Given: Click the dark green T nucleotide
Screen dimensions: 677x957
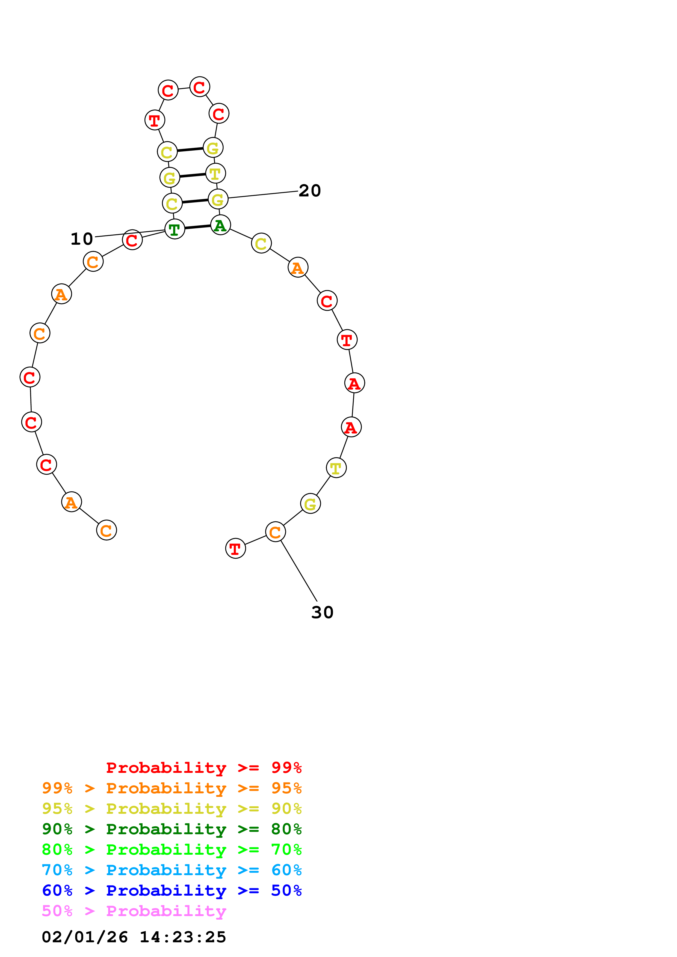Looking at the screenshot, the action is (x=174, y=229).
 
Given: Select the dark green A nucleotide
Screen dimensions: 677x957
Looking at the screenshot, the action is (x=220, y=225).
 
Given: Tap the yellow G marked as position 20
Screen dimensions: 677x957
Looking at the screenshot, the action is (x=218, y=199).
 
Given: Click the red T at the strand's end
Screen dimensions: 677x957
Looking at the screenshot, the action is (x=235, y=549).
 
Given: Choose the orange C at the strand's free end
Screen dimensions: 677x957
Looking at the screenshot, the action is (x=106, y=530).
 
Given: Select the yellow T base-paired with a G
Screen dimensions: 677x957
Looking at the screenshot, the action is (x=215, y=174).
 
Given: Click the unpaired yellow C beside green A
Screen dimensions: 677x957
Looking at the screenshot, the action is (x=261, y=243).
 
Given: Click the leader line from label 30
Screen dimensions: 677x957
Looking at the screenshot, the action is (x=299, y=570).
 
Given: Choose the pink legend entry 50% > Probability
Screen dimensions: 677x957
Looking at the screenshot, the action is (x=134, y=911).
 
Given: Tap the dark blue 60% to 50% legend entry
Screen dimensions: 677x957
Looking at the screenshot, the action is (x=172, y=890).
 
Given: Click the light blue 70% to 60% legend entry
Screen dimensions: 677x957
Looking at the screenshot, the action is (x=172, y=870).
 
